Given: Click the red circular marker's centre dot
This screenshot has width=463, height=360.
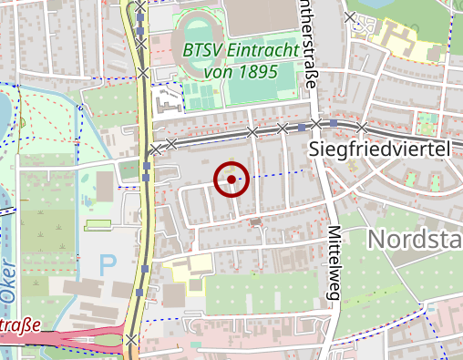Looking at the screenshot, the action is tap(231, 180).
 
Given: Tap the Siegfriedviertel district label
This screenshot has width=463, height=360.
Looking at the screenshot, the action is tap(381, 148).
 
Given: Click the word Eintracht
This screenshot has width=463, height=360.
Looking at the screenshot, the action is tap(262, 51).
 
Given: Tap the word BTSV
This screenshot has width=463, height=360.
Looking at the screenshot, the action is tap(201, 51).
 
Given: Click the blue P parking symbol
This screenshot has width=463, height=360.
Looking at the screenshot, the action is tap(108, 266).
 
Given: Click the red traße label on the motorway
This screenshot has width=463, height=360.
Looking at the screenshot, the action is tap(20, 325).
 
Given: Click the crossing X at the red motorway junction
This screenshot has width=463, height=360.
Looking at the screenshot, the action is tap(132, 340).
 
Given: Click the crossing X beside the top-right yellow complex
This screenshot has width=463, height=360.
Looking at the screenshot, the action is tap(351, 17).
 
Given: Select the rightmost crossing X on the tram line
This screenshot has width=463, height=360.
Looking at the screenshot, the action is tap(362, 127).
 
